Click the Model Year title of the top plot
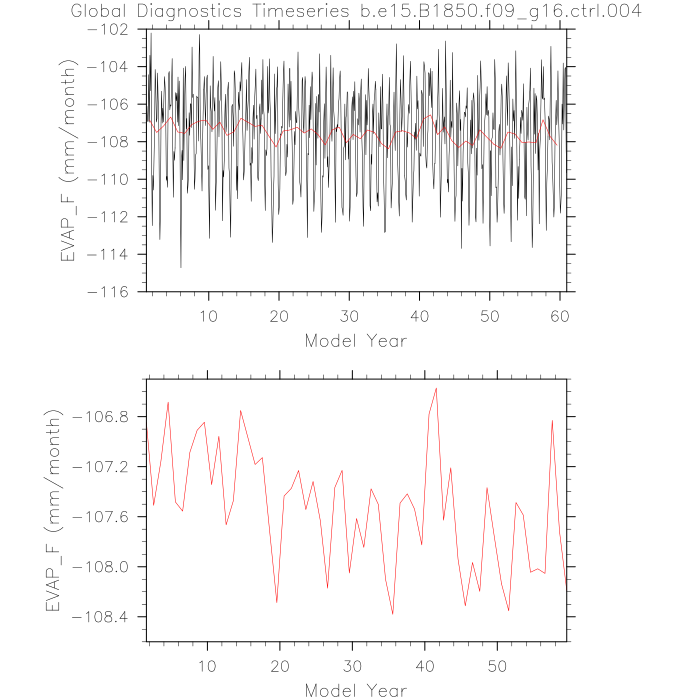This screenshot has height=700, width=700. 355,340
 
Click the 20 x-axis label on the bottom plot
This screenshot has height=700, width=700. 280,665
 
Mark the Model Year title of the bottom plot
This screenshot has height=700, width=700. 355,690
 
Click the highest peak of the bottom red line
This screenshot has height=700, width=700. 436,387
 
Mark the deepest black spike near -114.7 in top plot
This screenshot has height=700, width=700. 181,267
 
